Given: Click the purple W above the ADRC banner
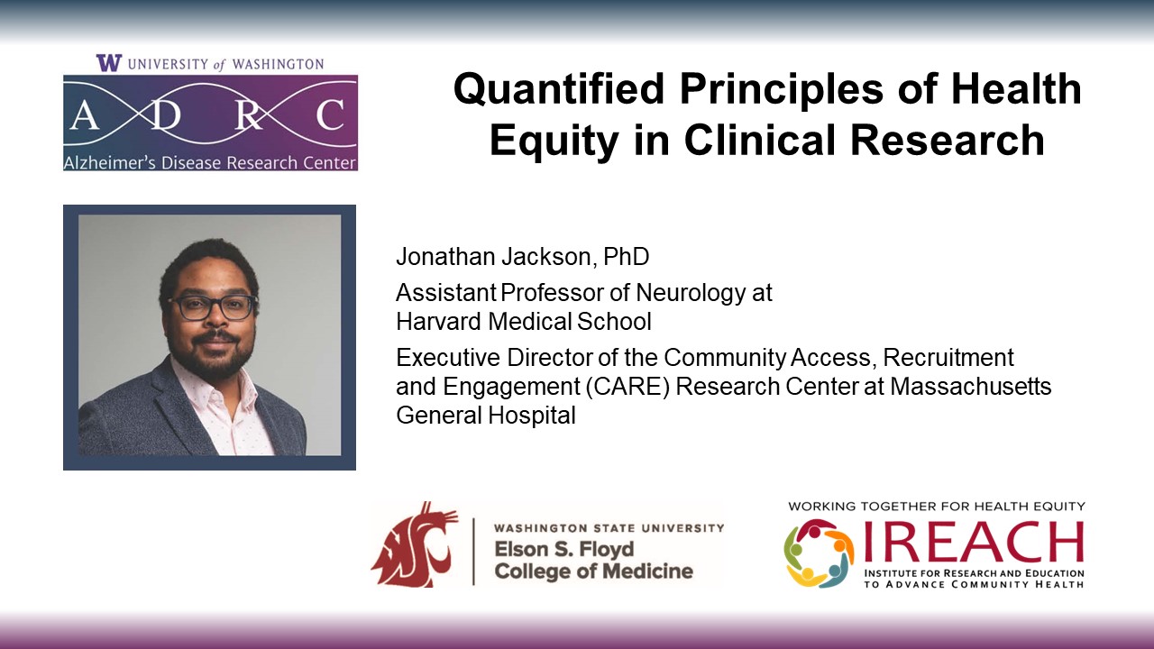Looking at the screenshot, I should point(108,63).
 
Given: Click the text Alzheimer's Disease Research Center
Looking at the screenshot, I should point(209,163).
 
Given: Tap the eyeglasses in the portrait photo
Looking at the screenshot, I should point(214,307).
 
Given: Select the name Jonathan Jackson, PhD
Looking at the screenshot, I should point(522,257).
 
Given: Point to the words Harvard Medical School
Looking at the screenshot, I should point(523,321).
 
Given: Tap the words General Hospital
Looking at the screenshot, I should point(485,416).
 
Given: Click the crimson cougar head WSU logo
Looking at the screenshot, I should point(414,544).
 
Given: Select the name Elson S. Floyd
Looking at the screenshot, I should point(563,549).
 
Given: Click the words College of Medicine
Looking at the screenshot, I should point(593,571).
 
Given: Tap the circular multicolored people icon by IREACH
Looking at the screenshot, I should point(819,552).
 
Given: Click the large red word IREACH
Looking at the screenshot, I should point(973,542).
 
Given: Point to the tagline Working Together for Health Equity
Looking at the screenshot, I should point(936,507).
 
